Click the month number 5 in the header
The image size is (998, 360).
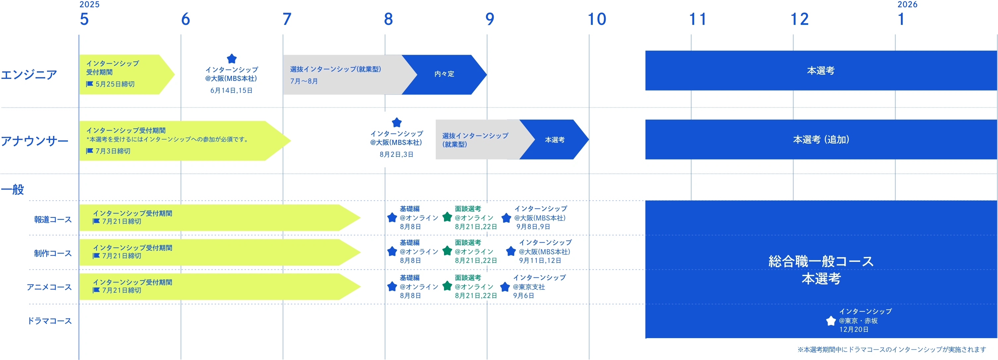click(85, 19)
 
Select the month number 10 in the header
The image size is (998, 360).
click(597, 19)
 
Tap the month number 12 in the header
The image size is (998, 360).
click(800, 19)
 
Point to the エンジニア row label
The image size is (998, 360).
click(29, 74)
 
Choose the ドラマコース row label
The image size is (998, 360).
click(50, 321)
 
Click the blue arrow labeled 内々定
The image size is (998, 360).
click(444, 74)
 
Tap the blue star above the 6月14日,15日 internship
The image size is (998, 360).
click(232, 59)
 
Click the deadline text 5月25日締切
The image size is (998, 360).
click(115, 84)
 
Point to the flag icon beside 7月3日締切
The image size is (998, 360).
click(89, 151)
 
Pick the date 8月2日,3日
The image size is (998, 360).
click(396, 154)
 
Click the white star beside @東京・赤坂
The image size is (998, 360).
click(831, 321)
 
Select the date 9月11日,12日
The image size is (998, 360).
click(540, 261)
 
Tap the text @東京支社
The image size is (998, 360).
click(529, 287)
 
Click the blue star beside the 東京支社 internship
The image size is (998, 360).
click(505, 287)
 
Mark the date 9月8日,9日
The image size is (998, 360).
click(533, 227)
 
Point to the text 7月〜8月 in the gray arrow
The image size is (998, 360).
click(304, 81)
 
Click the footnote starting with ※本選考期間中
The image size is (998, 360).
click(891, 349)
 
